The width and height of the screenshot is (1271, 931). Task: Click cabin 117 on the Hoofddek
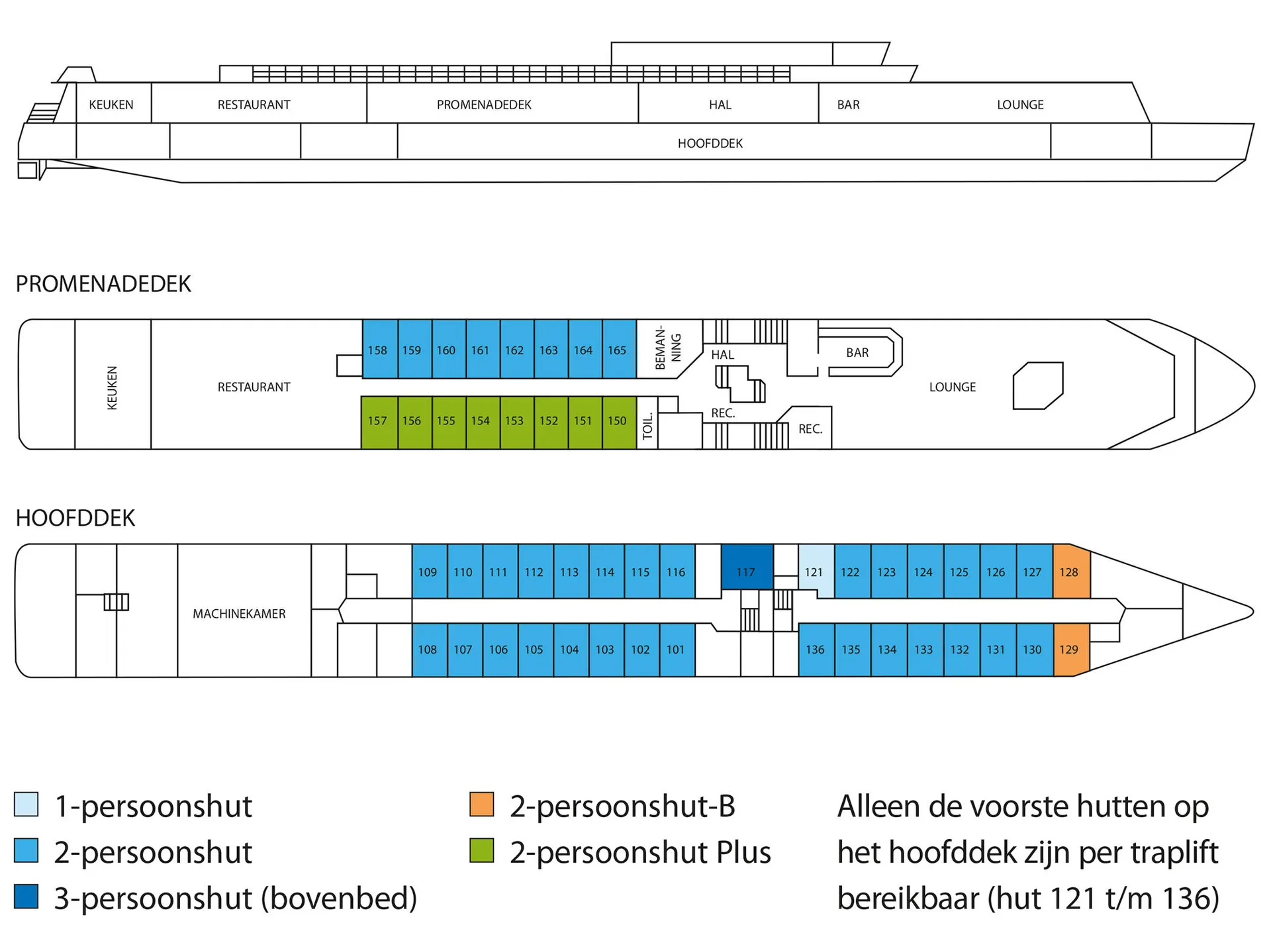[746, 571]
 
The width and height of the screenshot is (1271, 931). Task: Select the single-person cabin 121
[814, 571]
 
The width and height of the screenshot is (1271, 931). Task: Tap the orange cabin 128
[1069, 571]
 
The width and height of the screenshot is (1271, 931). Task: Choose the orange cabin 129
[1069, 649]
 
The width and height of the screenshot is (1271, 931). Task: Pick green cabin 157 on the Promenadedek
[377, 420]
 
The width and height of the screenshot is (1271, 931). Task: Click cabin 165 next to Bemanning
[617, 350]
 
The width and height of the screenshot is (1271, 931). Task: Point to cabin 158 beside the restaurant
[377, 350]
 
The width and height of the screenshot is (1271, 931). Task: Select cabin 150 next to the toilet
[617, 420]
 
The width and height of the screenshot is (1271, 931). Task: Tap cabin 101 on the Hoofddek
[676, 649]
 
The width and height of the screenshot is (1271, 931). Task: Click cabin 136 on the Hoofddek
[815, 649]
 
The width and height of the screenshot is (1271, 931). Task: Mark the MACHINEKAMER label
[239, 614]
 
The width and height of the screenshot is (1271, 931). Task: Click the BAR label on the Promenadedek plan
[857, 353]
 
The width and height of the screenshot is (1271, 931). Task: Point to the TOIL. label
[648, 426]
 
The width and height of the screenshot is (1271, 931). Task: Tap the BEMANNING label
[668, 348]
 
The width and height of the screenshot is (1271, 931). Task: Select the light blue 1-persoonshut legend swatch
[26, 805]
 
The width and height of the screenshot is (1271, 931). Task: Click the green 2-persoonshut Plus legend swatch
[481, 850]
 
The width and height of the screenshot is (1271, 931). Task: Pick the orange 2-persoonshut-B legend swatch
[481, 805]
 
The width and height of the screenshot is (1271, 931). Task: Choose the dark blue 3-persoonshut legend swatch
[26, 897]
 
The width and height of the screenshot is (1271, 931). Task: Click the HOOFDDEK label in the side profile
[710, 143]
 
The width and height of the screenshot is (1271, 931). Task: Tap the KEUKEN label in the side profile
[111, 105]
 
